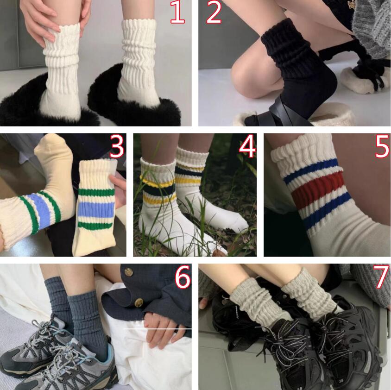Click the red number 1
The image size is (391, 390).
(x=177, y=13)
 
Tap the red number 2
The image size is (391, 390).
(x=214, y=13)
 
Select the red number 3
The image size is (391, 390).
(x=116, y=147)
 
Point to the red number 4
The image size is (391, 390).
(x=247, y=147)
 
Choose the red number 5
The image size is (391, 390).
(x=382, y=147)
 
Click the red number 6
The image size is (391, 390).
(x=183, y=277)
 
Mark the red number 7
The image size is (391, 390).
(x=381, y=277)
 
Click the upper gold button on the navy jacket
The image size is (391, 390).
(x=129, y=272)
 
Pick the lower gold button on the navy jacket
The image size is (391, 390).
(x=139, y=303)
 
